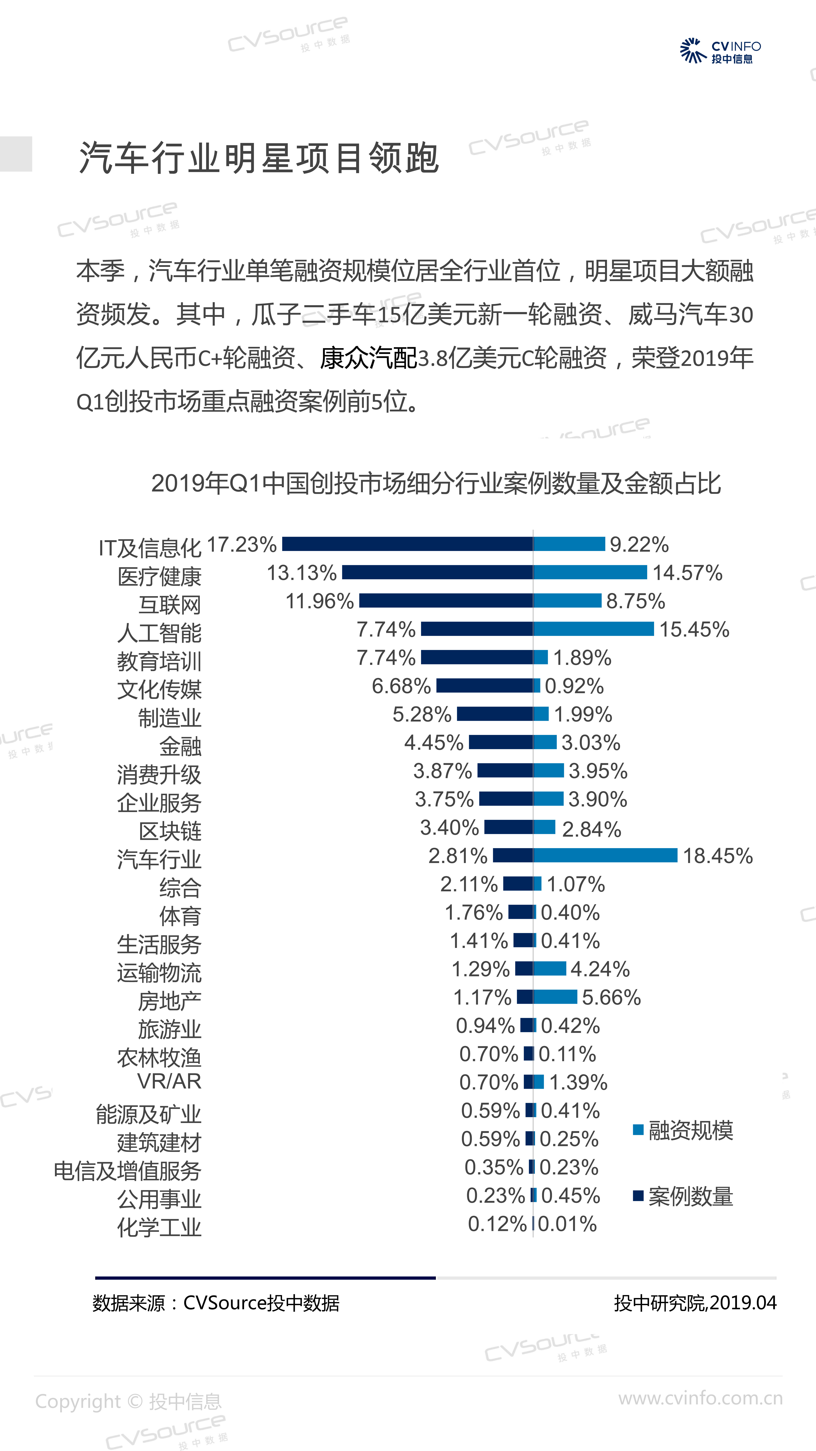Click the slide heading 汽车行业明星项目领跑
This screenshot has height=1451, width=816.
(258, 158)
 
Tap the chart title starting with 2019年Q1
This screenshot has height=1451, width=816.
(436, 483)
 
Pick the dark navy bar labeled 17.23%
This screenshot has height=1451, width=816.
(407, 544)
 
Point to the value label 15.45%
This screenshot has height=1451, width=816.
(694, 629)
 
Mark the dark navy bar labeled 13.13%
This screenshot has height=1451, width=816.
(437, 572)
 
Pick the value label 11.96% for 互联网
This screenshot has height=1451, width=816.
(319, 601)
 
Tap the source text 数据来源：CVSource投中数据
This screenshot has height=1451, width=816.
(216, 1303)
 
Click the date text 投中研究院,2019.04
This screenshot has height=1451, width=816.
(695, 1303)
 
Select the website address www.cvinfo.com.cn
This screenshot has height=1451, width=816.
(700, 1398)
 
